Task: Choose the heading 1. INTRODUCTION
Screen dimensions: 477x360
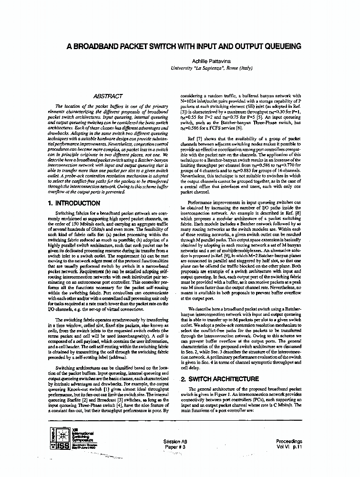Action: click(x=74, y=203)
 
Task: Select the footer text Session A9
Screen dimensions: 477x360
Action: click(x=175, y=442)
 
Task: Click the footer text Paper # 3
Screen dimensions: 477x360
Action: click(x=175, y=447)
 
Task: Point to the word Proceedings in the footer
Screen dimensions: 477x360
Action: click(x=289, y=442)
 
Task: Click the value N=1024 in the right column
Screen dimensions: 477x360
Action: click(x=188, y=102)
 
